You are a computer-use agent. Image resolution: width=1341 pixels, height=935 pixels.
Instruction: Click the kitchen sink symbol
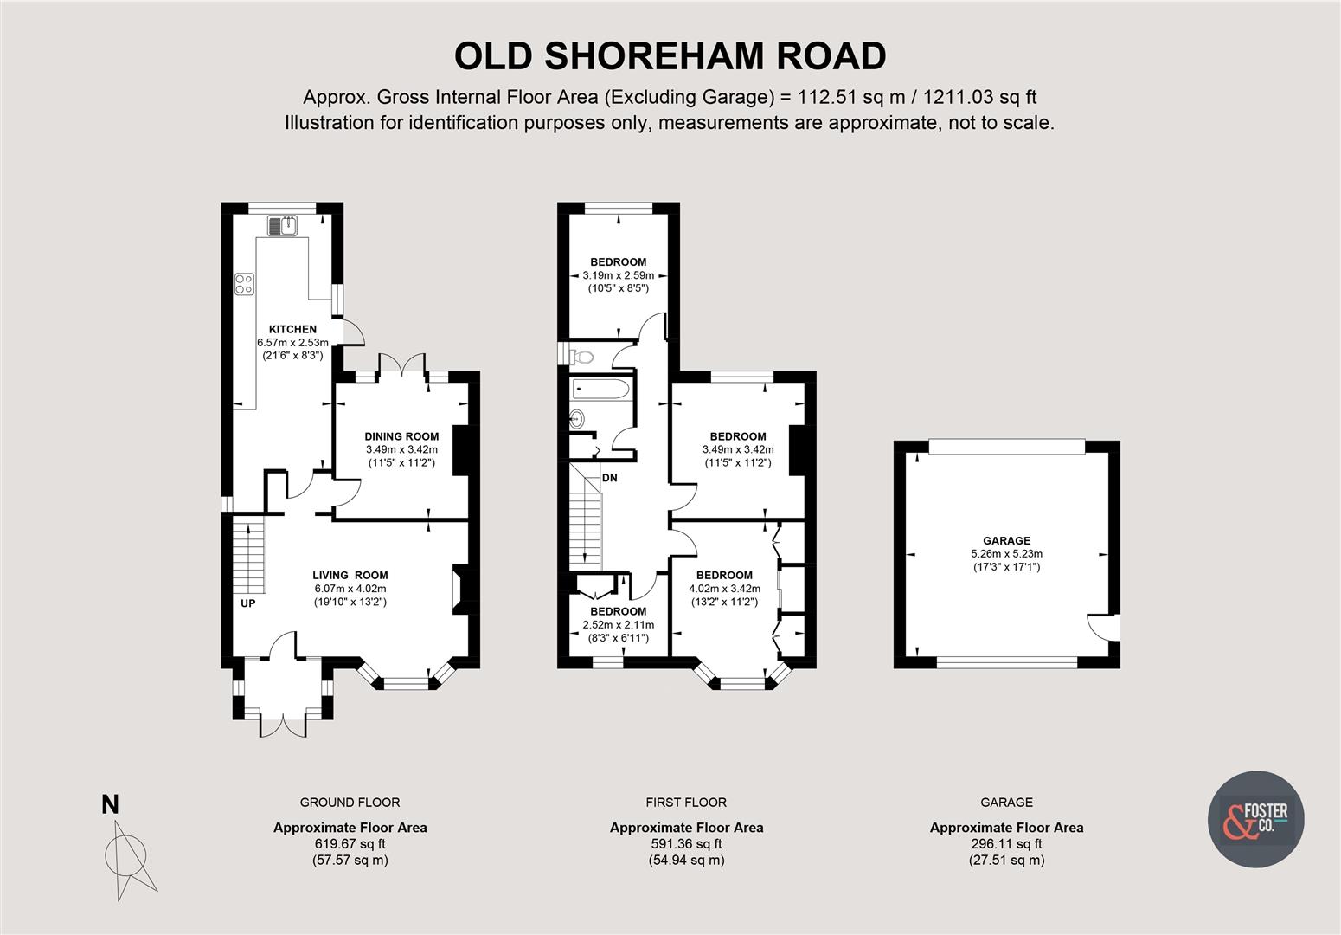283,226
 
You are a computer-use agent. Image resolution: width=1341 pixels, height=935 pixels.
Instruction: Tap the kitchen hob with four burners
245,284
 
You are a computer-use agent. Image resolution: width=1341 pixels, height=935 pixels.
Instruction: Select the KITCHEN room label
292,329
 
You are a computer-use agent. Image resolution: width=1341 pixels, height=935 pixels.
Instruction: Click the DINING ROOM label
401,436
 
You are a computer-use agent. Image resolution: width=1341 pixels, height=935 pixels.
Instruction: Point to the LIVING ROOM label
350,575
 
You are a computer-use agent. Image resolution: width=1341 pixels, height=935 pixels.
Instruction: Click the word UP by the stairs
247,603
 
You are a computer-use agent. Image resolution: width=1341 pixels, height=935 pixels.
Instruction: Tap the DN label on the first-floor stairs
610,478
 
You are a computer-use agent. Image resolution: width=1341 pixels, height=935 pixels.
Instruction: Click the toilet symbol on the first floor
580,356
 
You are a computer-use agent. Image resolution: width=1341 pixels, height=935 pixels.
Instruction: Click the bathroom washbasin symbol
577,420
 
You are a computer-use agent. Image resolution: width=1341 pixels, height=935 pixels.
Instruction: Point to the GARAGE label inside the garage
1006,540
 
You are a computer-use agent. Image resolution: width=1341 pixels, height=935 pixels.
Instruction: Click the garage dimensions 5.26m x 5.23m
1006,554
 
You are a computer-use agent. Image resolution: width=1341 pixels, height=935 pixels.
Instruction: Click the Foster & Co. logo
1254,819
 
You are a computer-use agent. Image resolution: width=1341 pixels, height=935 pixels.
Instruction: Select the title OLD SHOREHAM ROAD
670,56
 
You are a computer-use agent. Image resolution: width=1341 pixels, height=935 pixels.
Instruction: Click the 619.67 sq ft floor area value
350,844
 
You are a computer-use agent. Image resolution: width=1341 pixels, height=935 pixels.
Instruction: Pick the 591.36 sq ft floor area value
686,844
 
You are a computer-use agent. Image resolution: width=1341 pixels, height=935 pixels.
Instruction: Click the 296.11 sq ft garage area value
1006,844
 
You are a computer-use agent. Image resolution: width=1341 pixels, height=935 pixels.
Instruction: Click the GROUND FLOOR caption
350,803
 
